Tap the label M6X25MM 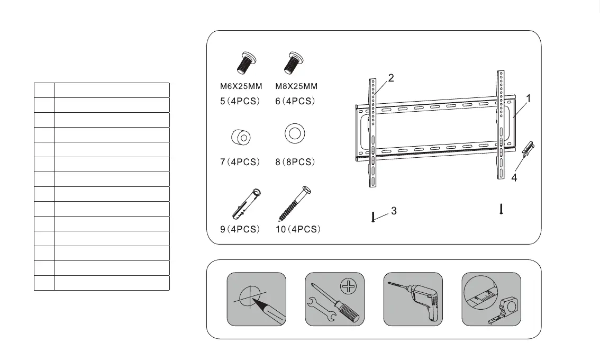pyautogui.click(x=241, y=86)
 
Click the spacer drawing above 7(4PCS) pyautogui.click(x=241, y=137)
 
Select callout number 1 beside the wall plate pyautogui.click(x=529, y=98)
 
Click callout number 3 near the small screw pyautogui.click(x=394, y=211)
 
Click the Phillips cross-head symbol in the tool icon pyautogui.click(x=348, y=288)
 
